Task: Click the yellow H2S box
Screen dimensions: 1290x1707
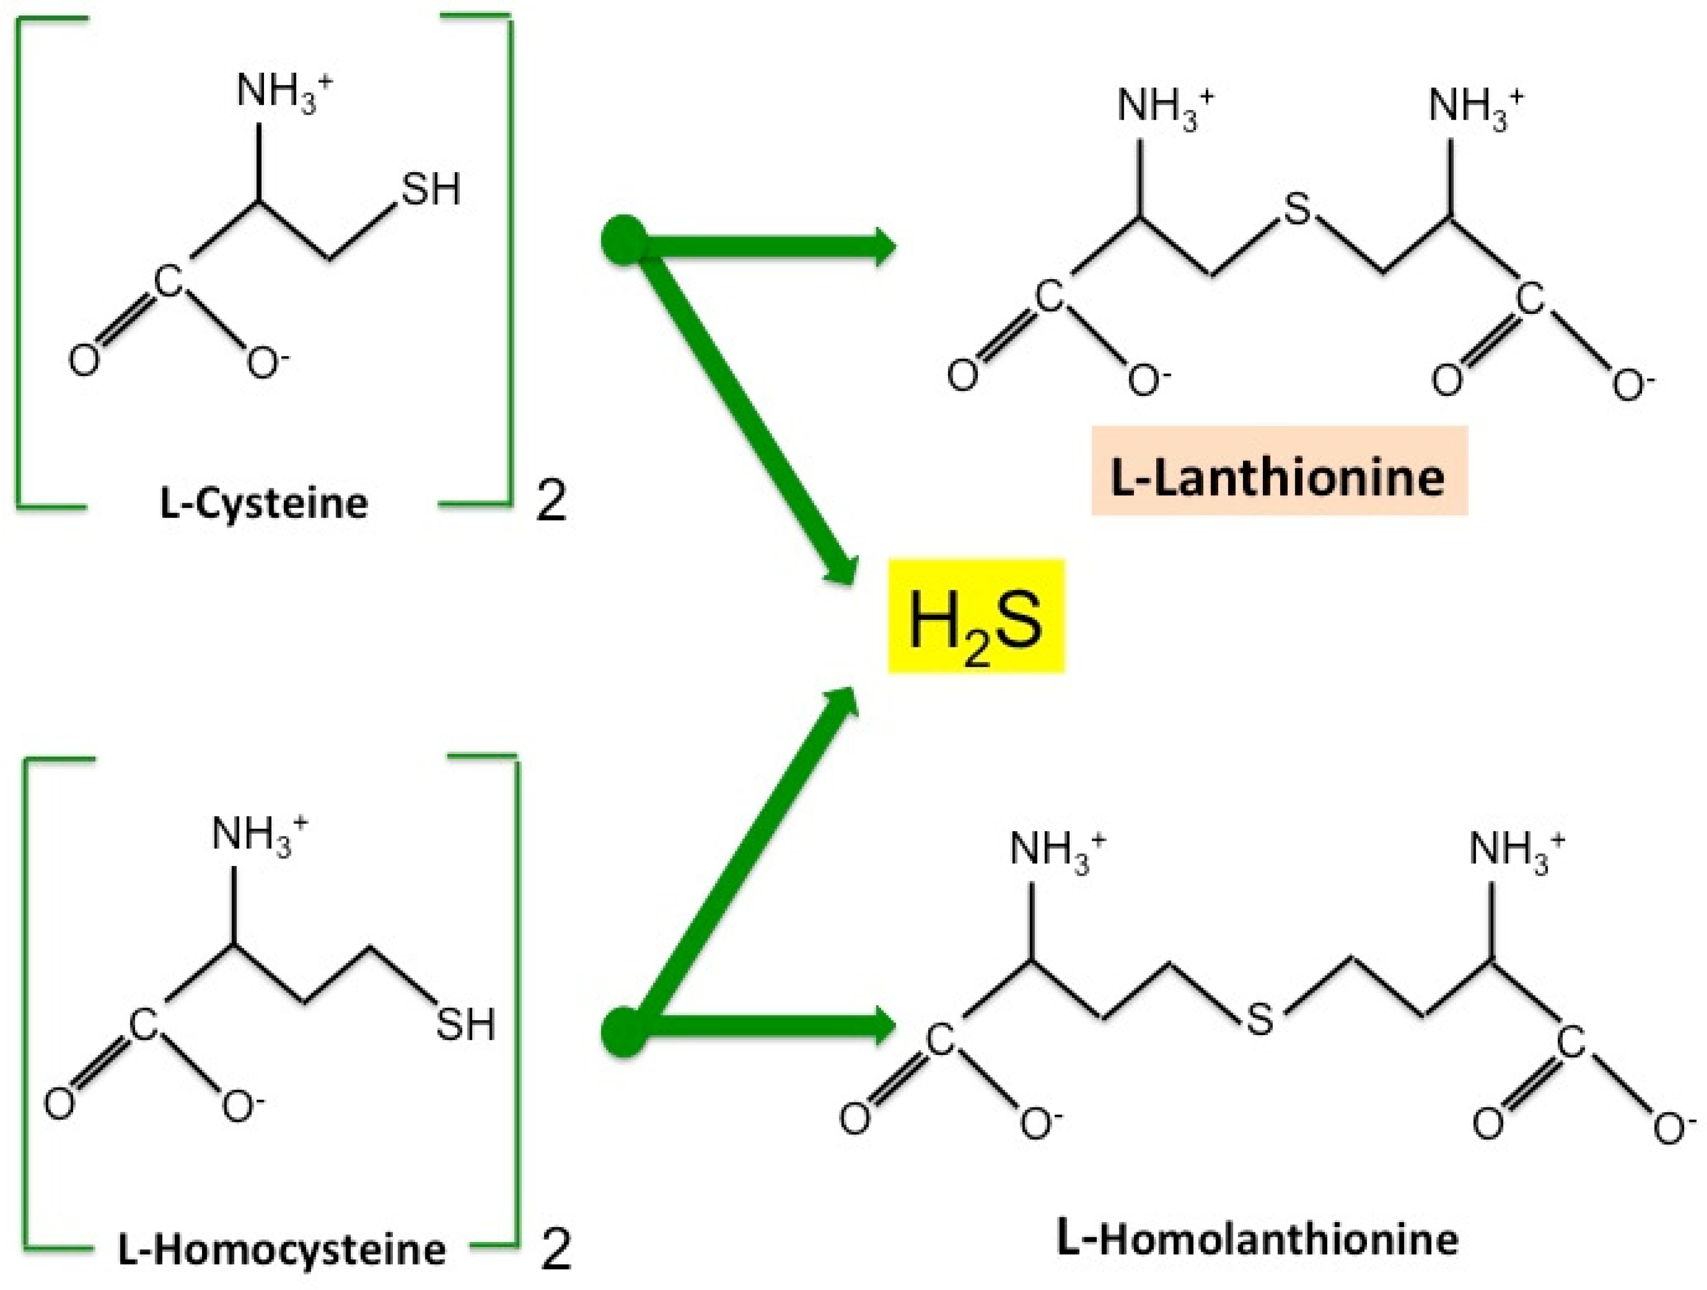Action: [x=976, y=616]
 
